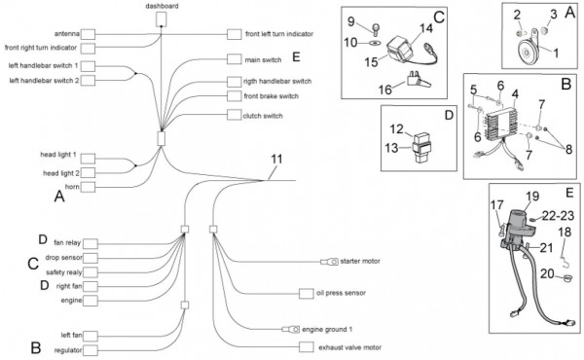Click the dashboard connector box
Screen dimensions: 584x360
coord(161,19)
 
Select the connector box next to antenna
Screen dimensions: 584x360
coord(88,34)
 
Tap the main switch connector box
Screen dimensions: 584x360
coord(234,59)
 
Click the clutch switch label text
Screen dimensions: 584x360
coord(263,116)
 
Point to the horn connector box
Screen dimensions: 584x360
coord(88,187)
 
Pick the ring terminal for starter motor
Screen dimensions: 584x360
coord(329,262)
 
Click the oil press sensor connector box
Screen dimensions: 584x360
coord(307,294)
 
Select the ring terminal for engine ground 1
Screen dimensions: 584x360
coord(291,330)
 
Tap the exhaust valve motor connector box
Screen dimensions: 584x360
coord(307,347)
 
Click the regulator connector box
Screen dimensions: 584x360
coord(91,350)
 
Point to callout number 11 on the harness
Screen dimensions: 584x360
coord(276,159)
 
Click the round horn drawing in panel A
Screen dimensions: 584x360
coord(526,52)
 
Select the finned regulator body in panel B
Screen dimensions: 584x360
coord(501,124)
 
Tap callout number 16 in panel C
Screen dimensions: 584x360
coord(385,90)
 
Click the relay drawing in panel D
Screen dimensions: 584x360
coord(420,148)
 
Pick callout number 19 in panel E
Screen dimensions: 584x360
coord(532,196)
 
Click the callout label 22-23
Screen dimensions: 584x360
coord(558,216)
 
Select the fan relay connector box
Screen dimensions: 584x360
coord(91,244)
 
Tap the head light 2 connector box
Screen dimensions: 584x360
coord(88,173)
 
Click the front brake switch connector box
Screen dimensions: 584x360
coord(234,95)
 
